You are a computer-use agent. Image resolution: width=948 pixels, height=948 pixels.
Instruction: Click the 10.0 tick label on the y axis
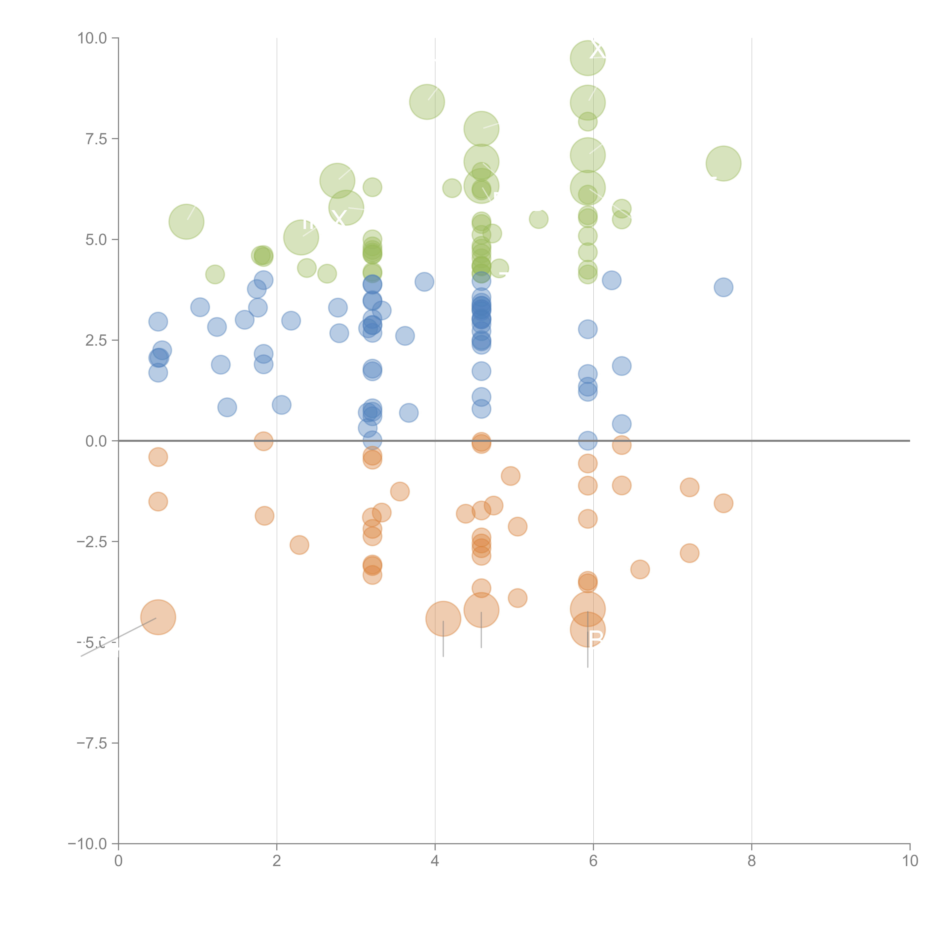point(92,38)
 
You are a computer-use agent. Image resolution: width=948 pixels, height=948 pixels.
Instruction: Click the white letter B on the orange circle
point(596,639)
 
